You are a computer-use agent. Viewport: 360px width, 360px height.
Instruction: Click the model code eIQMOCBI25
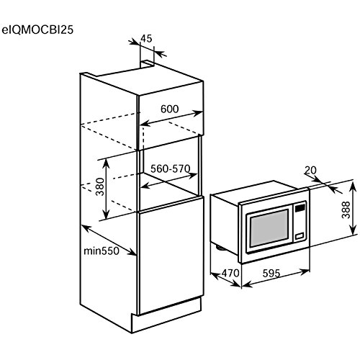pos(37,30)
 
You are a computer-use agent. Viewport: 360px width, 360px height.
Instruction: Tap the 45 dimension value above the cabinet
pos(146,38)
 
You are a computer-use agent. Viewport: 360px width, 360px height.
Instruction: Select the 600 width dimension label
pos(170,109)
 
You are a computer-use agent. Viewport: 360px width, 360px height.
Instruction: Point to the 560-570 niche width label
pos(171,169)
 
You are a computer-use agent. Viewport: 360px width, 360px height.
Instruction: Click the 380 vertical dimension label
pos(101,187)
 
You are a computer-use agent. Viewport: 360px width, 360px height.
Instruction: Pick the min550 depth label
pos(102,251)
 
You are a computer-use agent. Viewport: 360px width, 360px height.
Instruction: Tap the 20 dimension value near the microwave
pos(310,170)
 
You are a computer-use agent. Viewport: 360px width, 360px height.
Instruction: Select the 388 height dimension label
pos(346,210)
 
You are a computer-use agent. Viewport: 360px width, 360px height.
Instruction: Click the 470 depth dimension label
pos(230,273)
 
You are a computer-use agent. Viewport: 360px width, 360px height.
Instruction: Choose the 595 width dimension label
pos(271,274)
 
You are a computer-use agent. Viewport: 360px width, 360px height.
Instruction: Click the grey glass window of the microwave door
pos(269,228)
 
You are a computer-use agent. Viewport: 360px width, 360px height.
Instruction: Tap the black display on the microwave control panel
pos(300,207)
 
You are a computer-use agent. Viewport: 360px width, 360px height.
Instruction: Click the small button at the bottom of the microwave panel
pos(300,236)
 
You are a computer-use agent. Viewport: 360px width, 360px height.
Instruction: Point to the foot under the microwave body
pos(220,248)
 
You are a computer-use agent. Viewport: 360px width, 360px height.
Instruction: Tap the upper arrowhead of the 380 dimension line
pos(106,163)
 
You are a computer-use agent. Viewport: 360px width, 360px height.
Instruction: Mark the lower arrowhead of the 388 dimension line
pos(353,231)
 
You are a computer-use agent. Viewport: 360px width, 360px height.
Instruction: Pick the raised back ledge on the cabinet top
pos(148,63)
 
